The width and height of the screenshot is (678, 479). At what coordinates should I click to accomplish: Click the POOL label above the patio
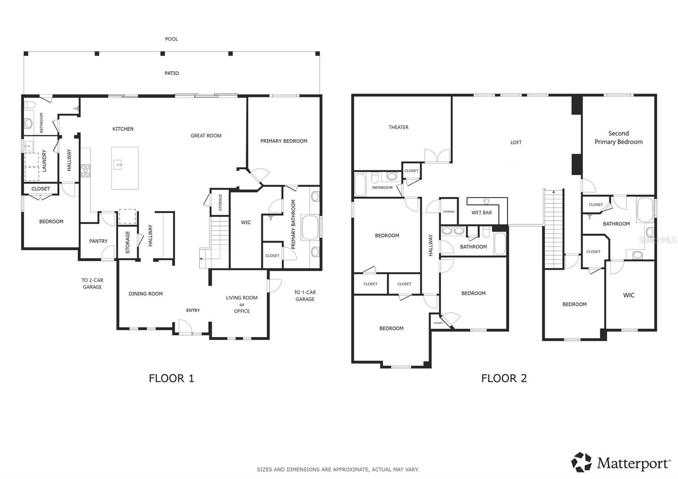tap(171, 39)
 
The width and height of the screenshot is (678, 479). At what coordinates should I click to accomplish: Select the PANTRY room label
tap(98, 241)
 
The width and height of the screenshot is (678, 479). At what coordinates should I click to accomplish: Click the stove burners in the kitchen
tap(86, 170)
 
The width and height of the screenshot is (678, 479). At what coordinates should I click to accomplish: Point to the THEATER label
tap(398, 127)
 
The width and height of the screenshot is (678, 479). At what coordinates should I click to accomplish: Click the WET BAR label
tap(481, 213)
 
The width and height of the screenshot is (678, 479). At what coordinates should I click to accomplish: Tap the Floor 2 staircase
tap(554, 229)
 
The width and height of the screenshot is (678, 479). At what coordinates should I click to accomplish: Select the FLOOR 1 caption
tap(171, 378)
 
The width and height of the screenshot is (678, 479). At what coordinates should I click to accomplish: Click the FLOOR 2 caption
tap(504, 378)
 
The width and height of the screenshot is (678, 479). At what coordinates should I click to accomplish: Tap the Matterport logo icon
tap(581, 462)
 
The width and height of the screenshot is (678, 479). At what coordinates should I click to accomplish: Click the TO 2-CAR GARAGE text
tap(92, 284)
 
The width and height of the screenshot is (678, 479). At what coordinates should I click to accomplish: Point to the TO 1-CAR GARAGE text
tap(305, 296)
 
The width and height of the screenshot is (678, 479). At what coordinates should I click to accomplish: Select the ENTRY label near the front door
tap(193, 310)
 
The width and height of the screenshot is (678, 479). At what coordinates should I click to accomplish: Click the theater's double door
tap(437, 156)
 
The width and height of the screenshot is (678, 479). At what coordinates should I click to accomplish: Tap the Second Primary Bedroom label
tap(618, 138)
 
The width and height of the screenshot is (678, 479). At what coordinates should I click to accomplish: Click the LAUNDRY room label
tap(44, 161)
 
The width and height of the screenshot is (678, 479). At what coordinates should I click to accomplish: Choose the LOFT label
tap(516, 142)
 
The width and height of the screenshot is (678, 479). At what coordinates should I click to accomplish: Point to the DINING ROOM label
tap(145, 294)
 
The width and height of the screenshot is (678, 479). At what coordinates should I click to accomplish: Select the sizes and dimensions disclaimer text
tap(338, 469)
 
